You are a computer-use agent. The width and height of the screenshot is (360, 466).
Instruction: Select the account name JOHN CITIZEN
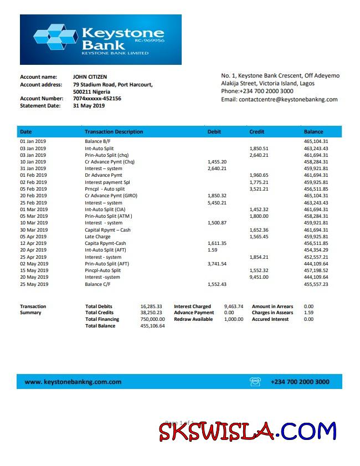[x=90, y=77]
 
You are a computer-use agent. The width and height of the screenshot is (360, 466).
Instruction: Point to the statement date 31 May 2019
[x=89, y=106]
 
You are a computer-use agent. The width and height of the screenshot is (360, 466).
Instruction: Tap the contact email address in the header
[x=279, y=100]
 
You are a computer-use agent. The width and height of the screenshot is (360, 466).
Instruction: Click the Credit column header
[x=256, y=132]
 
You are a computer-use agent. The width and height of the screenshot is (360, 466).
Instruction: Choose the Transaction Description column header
[x=114, y=132]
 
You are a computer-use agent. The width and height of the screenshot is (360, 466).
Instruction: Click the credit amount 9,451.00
[x=259, y=278]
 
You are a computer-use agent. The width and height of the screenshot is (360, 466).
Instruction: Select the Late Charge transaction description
[x=98, y=237]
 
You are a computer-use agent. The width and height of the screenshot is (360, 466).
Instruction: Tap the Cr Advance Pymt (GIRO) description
[x=111, y=196]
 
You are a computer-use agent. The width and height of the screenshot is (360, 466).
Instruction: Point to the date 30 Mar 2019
[x=34, y=230]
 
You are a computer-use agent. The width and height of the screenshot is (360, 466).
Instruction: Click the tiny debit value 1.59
[x=212, y=250]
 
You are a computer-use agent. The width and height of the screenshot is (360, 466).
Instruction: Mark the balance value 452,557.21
[x=316, y=257]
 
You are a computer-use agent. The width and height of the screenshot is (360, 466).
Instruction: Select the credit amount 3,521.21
[x=259, y=189]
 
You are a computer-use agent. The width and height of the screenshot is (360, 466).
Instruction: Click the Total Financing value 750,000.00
[x=152, y=319]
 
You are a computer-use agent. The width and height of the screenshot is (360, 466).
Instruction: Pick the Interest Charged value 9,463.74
[x=233, y=306]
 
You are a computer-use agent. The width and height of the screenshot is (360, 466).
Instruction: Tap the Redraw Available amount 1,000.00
[x=233, y=319]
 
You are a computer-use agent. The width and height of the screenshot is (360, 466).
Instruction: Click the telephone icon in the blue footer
[x=255, y=382]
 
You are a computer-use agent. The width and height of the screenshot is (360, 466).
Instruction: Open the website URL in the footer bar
[x=73, y=382]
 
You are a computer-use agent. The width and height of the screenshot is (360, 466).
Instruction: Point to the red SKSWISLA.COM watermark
[x=248, y=431]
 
